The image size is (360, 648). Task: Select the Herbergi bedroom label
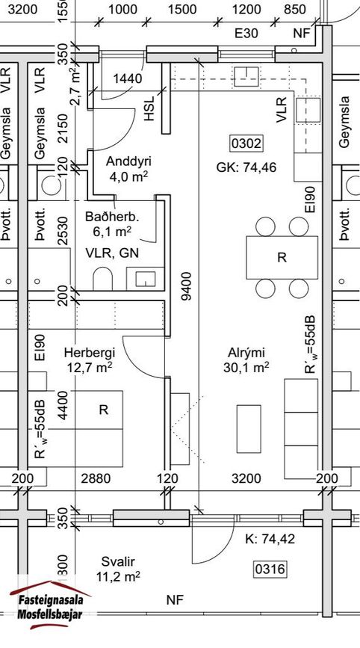(90, 353)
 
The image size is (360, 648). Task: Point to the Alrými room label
(246, 353)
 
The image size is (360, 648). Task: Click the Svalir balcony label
(118, 561)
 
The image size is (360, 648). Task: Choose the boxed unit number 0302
(246, 144)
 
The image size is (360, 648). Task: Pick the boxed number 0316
(270, 570)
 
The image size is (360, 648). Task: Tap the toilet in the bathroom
(103, 278)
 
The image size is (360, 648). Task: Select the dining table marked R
(282, 257)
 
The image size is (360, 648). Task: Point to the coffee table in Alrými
(249, 428)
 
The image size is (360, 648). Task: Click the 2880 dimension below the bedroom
(96, 478)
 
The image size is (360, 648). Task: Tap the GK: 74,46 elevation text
(246, 167)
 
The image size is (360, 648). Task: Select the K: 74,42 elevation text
(270, 539)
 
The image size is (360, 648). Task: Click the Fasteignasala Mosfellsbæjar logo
(50, 604)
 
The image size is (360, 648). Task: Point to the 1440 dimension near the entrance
(128, 78)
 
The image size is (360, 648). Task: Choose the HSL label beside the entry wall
(149, 108)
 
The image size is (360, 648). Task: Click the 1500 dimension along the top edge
(182, 10)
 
